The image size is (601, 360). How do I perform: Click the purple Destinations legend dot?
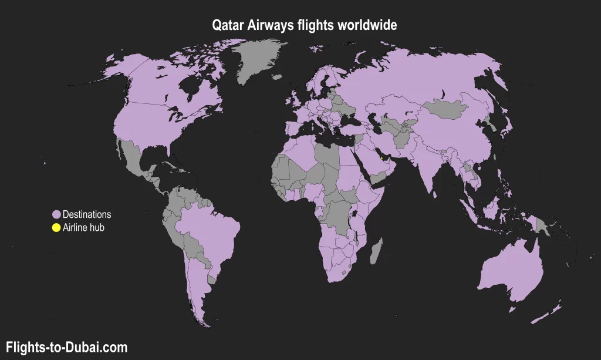(56, 214)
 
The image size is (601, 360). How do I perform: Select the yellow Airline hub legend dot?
(56, 227)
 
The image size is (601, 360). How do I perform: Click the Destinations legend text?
(87, 214)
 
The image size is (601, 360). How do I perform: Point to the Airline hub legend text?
(83, 227)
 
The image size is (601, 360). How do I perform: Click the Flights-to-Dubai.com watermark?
(66, 347)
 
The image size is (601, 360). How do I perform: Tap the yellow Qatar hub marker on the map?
(381, 157)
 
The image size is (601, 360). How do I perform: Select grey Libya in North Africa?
(326, 156)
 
